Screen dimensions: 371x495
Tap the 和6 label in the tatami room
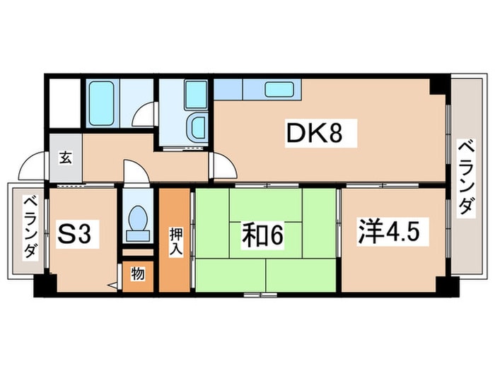(262, 236)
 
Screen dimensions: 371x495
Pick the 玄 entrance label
(65, 157)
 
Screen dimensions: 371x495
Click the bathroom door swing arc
(145, 115)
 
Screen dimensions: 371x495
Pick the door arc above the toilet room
(134, 171)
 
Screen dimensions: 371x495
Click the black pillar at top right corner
(440, 83)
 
